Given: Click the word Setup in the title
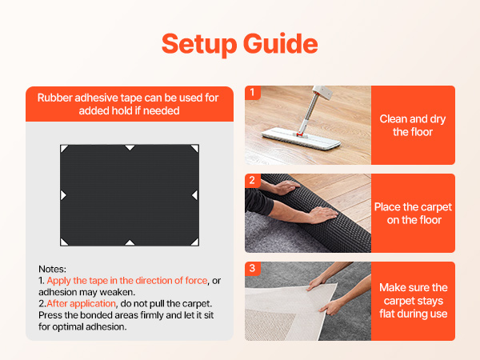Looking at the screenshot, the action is tap(199, 44).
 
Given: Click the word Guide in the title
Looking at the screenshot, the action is tap(281, 44).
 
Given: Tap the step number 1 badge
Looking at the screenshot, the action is tap(253, 93).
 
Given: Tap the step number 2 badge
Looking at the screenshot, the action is tap(253, 180).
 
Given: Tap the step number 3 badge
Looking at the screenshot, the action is tap(253, 269).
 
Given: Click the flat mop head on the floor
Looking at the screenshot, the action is tap(302, 138).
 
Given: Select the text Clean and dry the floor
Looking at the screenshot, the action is tap(413, 126).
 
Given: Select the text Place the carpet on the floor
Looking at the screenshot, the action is tap(414, 214).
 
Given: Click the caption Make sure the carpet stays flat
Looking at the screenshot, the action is tap(414, 301).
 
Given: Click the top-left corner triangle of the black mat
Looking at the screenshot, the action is tap(64, 149).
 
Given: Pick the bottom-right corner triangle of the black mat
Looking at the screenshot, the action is tap(195, 242).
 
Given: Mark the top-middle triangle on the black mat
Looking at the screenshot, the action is tap(130, 147).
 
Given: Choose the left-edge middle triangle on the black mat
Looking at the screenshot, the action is tap(63, 195).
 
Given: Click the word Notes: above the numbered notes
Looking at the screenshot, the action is tap(52, 269).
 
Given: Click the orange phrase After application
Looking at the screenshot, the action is tap(81, 303).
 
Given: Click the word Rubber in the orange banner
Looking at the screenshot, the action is tap(54, 98).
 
